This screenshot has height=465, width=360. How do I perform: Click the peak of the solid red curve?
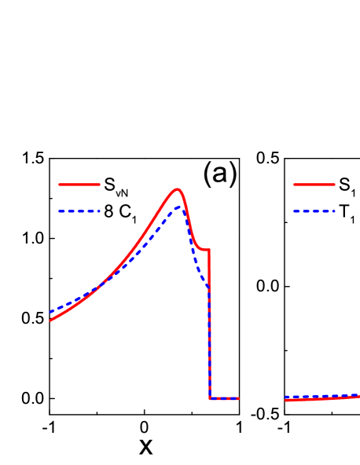click(178, 189)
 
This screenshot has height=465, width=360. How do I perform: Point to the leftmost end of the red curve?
click(50, 320)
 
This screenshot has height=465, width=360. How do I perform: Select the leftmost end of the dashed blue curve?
click(50, 313)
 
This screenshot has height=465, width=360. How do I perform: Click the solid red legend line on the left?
click(79, 185)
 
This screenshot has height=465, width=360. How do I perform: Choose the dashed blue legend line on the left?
click(79, 211)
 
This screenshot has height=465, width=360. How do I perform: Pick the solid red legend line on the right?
click(314, 185)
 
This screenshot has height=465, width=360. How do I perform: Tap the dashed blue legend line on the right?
click(314, 211)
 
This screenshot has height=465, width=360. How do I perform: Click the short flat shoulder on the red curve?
click(204, 250)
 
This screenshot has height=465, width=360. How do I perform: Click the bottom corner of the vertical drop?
click(210, 398)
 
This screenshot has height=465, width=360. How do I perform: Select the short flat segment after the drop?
click(224, 398)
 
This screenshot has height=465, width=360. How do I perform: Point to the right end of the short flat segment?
click(238, 398)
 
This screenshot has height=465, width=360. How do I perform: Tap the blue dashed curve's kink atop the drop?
click(208, 286)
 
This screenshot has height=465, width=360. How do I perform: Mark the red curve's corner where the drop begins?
click(209, 250)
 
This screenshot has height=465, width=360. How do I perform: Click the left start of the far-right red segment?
click(285, 401)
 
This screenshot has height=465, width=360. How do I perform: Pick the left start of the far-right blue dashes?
click(285, 397)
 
